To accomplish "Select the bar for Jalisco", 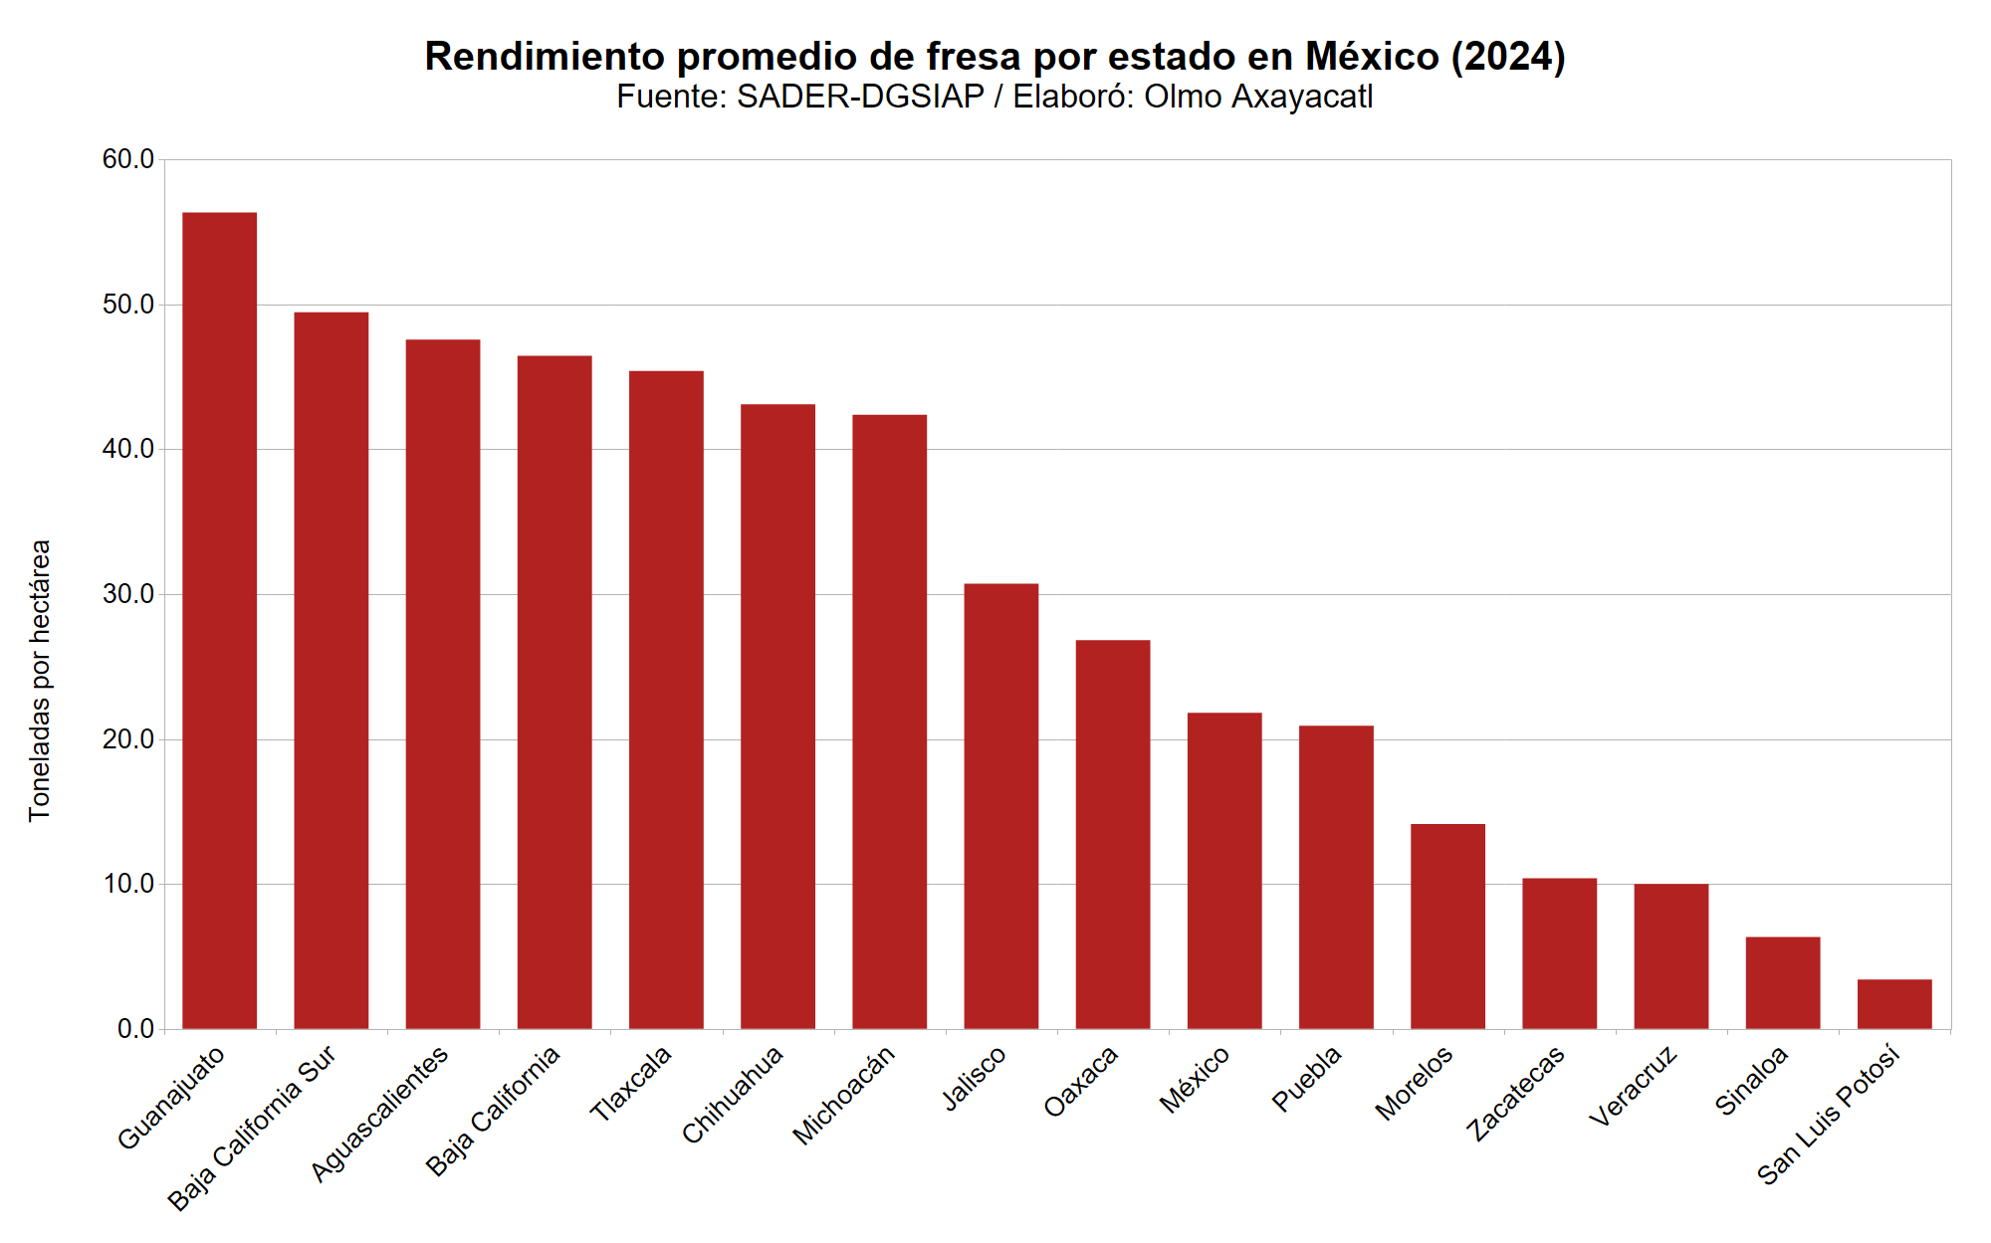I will (x=1000, y=806).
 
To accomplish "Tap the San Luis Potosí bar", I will (x=1893, y=1004).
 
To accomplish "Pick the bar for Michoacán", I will (x=889, y=722).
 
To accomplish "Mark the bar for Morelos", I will (x=1447, y=927).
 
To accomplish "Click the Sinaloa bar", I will (x=1782, y=982).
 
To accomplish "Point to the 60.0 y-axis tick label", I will (x=128, y=159).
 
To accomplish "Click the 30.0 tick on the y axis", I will (x=128, y=594).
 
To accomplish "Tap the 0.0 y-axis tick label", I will (x=135, y=1029).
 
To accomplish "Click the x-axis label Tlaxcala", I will (x=631, y=1085).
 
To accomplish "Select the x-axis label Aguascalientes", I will (x=379, y=1114).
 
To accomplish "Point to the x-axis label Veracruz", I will (x=1633, y=1087).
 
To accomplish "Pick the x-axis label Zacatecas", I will (x=1515, y=1094).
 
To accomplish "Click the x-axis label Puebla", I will (x=1307, y=1079).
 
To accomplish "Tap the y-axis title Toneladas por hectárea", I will (x=40, y=681).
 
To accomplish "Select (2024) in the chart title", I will (x=1507, y=57).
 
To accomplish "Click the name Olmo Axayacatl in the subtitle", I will (x=1258, y=97).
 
